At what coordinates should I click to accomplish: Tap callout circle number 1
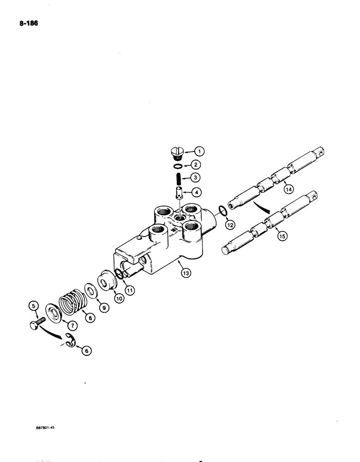[x=198, y=151]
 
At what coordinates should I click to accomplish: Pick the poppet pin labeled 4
[x=178, y=191]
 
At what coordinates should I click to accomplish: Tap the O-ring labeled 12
[x=222, y=211]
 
